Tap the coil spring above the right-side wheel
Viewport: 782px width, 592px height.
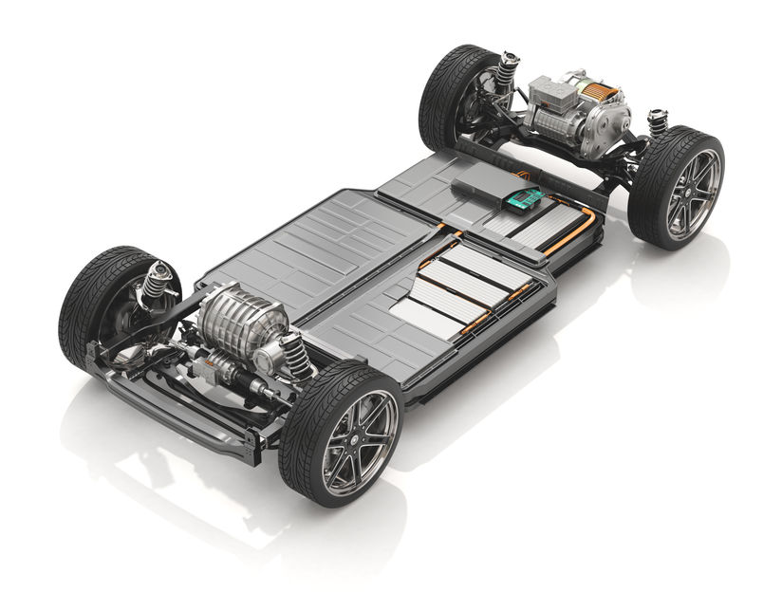pos(657,122)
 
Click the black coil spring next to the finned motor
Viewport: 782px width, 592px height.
pos(296,355)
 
